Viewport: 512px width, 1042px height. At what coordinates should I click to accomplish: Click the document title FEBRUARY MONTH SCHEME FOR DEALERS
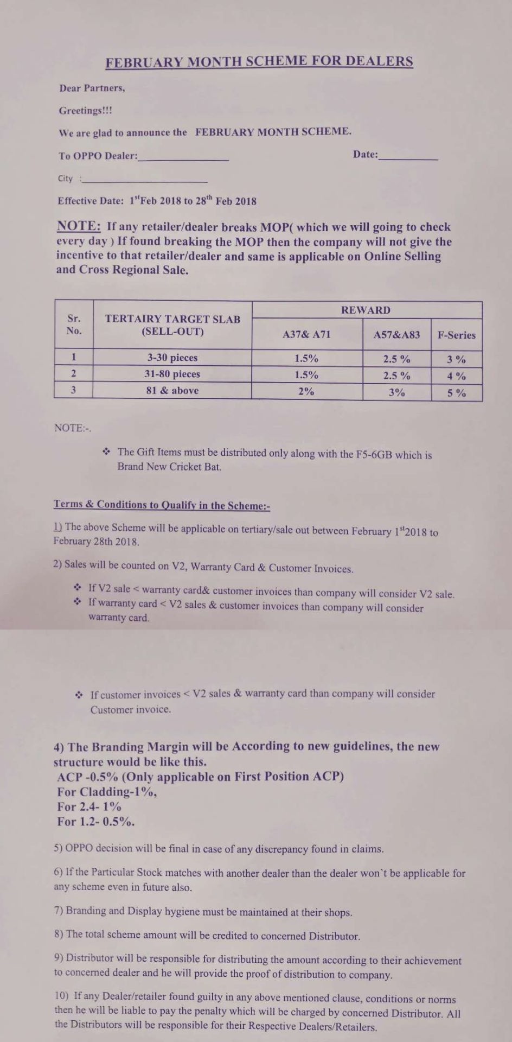click(x=259, y=61)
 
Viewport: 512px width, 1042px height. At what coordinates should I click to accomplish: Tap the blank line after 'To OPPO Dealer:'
click(x=183, y=158)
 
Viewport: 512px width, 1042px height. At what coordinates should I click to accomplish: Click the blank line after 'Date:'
click(x=408, y=157)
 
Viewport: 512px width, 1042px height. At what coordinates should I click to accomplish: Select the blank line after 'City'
click(x=144, y=180)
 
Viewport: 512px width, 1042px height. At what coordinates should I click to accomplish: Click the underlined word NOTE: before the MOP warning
click(x=79, y=226)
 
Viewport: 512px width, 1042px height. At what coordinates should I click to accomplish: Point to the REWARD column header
click(x=366, y=310)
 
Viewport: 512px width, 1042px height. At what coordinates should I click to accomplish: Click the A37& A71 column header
click(x=306, y=334)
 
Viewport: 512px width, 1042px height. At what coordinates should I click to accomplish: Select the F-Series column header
click(x=456, y=335)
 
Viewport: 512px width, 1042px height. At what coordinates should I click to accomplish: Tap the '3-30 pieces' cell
click(x=172, y=358)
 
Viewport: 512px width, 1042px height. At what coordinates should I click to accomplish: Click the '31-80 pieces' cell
click(x=172, y=374)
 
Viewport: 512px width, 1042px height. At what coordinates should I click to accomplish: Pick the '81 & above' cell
click(x=172, y=390)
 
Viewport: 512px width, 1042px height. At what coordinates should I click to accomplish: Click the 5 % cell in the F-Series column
click(x=456, y=392)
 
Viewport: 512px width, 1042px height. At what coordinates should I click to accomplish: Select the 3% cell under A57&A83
click(x=396, y=392)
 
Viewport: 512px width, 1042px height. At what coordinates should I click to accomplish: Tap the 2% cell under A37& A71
click(x=306, y=391)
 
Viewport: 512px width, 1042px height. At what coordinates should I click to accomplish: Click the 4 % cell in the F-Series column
click(x=456, y=376)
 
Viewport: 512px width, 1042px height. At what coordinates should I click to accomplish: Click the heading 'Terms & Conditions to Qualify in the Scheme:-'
click(x=162, y=505)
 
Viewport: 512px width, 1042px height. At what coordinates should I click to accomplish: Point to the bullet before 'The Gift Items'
click(x=106, y=451)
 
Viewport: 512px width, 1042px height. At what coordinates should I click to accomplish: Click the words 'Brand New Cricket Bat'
click(x=169, y=466)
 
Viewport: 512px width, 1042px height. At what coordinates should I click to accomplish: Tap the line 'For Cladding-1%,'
click(x=107, y=791)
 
